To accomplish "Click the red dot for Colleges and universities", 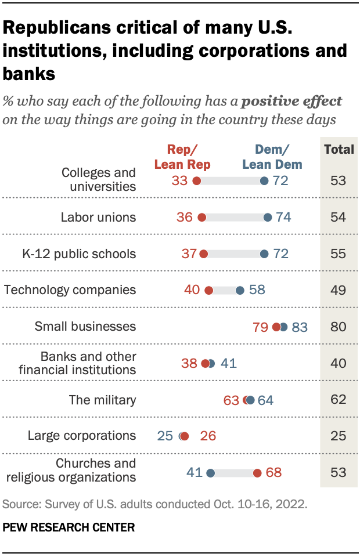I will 196,180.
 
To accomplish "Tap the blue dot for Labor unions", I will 268,218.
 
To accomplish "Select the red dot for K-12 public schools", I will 203,254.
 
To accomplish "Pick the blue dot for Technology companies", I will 240,290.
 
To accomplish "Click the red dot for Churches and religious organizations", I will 257,473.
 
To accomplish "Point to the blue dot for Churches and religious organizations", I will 210,473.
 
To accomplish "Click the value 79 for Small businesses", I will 261,327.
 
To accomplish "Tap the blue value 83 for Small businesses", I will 300,327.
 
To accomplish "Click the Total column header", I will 339,149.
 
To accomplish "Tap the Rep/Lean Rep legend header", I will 182,157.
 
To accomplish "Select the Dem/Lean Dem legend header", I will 272,157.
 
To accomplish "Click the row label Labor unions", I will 98,218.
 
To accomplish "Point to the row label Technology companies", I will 70,290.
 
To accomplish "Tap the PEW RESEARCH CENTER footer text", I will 69,528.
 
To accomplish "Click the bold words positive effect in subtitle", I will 291,101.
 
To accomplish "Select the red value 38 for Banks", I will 189,364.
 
